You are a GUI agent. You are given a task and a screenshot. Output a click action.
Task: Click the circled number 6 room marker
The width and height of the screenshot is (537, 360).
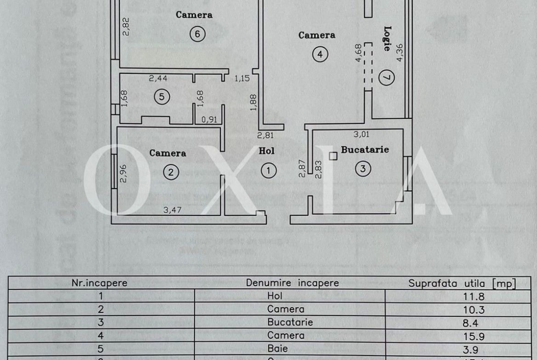pos(197,34)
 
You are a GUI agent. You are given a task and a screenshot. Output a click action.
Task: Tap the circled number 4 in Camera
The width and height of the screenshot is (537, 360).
pos(320,55)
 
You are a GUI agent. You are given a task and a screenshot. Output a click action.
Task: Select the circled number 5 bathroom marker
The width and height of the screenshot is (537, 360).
pos(162,96)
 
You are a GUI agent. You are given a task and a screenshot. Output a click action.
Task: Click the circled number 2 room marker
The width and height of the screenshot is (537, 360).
pos(171,172)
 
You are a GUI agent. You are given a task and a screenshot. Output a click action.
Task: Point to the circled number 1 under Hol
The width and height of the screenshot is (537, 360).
pos(268,171)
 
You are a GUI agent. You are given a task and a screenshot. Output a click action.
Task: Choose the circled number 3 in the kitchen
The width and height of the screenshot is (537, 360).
pos(363,169)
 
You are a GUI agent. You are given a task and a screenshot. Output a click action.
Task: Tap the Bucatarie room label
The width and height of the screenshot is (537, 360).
pos(365,150)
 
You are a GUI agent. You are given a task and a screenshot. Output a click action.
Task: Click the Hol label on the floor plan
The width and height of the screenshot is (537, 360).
pos(267,150)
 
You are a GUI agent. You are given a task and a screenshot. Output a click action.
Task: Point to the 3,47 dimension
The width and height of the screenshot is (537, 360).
pos(173,210)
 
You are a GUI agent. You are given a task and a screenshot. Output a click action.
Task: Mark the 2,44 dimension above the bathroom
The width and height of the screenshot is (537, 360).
pos(158,78)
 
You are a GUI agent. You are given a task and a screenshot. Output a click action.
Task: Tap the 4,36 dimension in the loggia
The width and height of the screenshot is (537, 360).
pos(400,52)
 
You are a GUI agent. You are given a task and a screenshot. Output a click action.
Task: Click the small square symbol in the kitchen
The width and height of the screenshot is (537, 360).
pos(334,156)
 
